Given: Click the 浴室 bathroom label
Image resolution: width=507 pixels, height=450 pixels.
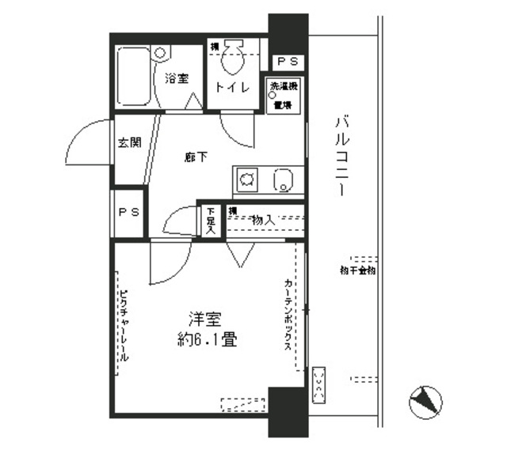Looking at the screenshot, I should pyautogui.click(x=177, y=79).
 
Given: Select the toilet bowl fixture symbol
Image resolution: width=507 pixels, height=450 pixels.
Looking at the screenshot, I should pyautogui.click(x=232, y=57).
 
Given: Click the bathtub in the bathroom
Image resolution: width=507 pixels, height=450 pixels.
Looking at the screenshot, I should pyautogui.click(x=135, y=77).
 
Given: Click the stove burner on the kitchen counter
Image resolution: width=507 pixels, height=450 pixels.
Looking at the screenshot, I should pyautogui.click(x=246, y=180).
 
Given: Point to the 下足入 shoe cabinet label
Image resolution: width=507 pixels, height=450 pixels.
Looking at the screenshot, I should pyautogui.click(x=211, y=221).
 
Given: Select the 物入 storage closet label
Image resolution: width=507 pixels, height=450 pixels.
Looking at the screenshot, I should pyautogui.click(x=263, y=220).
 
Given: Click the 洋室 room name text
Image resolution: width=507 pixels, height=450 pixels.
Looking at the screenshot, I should pyautogui.click(x=204, y=320).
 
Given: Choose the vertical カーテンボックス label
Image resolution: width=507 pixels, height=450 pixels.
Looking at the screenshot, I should pyautogui.click(x=288, y=320).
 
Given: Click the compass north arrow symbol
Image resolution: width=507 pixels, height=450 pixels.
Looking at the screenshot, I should pyautogui.click(x=425, y=403).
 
